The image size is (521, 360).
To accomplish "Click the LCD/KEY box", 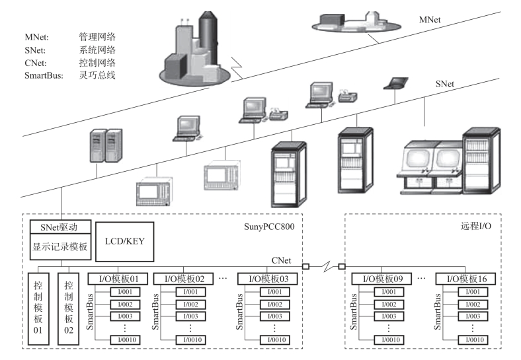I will pyautogui.click(x=124, y=241).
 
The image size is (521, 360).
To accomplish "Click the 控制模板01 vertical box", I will pyautogui.click(x=38, y=307).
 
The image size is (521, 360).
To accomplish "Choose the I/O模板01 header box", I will pyautogui.click(x=117, y=279).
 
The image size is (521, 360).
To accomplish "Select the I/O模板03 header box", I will pyautogui.click(x=266, y=279).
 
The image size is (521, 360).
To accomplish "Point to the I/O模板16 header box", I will pyautogui.click(x=463, y=279).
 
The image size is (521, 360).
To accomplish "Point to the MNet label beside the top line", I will pyautogui.click(x=430, y=20).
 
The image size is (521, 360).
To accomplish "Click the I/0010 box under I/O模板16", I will pyautogui.click(x=473, y=340).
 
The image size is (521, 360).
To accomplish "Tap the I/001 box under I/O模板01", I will pyautogui.click(x=126, y=292).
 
